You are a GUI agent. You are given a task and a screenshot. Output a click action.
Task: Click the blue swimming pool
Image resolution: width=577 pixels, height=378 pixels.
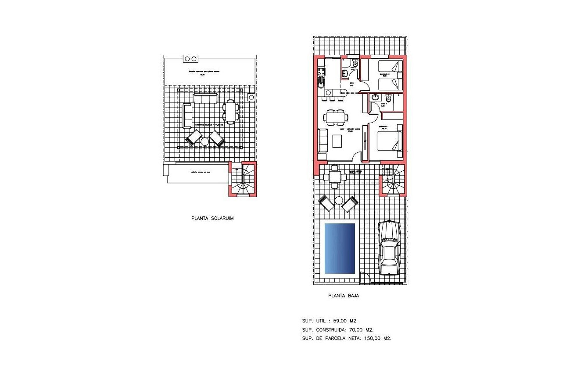pos(339,248)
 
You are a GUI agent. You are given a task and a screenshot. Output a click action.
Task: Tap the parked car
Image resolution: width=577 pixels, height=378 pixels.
pos(389,248)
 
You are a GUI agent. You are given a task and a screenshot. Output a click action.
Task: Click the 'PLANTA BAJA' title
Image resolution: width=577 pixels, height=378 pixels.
pos(344,296)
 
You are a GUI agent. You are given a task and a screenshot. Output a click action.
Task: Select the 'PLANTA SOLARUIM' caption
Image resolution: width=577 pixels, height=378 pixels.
pos(212,218)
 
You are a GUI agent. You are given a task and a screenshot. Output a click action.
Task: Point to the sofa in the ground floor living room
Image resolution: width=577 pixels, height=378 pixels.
pos(322,140)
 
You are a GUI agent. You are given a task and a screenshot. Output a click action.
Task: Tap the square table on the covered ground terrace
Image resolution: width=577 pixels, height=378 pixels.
pos(335,177)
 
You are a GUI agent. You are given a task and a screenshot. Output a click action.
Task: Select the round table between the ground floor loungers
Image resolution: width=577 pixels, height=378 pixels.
pos(339,201)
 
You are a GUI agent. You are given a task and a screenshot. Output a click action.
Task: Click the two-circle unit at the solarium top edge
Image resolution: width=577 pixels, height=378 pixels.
pos(190,58)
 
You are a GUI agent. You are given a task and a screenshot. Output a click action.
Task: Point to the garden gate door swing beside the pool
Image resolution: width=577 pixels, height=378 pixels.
pos(364,277)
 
